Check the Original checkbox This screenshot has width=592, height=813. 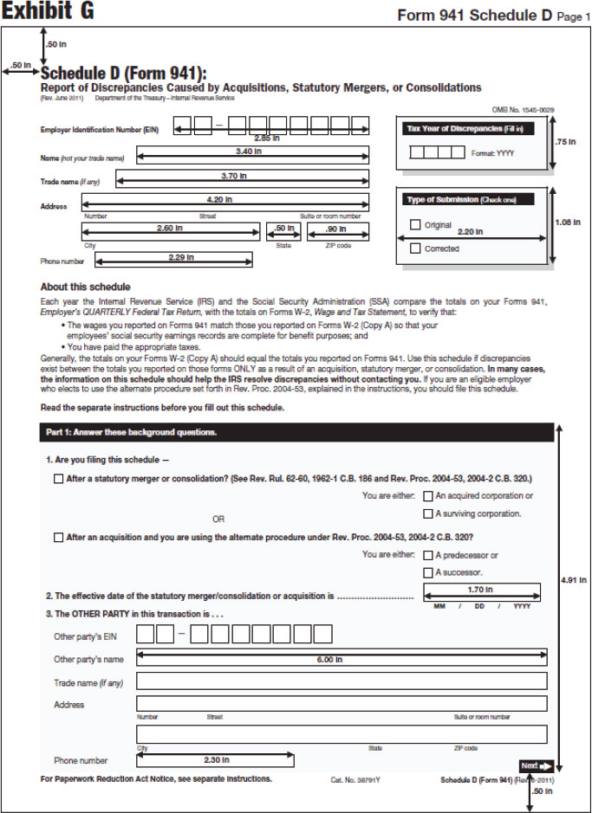[x=415, y=225]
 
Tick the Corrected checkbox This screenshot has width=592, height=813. [x=415, y=248]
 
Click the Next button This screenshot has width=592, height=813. [x=536, y=765]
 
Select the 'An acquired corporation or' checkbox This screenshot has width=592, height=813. [x=427, y=496]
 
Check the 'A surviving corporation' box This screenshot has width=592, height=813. [x=427, y=514]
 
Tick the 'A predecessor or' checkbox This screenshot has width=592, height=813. [x=427, y=555]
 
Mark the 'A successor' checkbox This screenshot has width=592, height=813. [x=427, y=573]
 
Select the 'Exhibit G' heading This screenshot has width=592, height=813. [x=49, y=12]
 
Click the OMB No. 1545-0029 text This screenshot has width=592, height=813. [x=523, y=110]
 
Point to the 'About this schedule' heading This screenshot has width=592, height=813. [x=86, y=287]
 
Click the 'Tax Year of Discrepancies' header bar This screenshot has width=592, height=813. [x=465, y=129]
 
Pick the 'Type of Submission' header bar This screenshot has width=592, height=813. [x=465, y=199]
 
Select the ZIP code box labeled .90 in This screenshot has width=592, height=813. [x=337, y=231]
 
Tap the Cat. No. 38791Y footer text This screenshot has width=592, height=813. [x=355, y=779]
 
